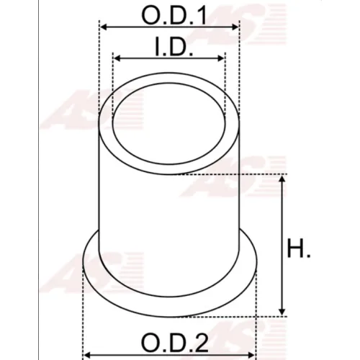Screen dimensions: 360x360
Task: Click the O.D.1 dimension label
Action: click(174, 15)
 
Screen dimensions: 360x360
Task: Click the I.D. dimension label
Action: click(174, 46)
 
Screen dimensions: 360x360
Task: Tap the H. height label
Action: click(299, 248)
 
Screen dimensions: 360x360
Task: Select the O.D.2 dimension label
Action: click(174, 342)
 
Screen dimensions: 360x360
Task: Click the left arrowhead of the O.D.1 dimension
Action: click(103, 27)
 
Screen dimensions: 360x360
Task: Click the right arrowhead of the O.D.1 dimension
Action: click(235, 27)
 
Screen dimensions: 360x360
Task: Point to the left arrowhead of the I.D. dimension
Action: click(117, 58)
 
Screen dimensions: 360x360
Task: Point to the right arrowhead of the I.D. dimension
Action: click(221, 58)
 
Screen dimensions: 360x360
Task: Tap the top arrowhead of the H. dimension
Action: click(282, 179)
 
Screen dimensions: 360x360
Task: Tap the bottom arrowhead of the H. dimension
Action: click(282, 312)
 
